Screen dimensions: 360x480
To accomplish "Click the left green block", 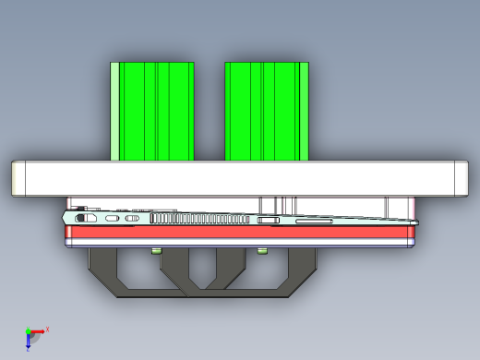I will [x=157, y=111].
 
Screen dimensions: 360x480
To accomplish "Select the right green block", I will [x=268, y=111].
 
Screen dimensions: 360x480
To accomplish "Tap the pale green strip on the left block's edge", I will [x=115, y=111].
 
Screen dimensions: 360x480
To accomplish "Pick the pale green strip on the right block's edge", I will [x=306, y=111].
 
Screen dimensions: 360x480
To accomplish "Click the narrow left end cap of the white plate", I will [x=18, y=178].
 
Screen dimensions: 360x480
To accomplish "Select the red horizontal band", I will [x=240, y=234].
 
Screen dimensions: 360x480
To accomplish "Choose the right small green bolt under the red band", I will [x=262, y=250].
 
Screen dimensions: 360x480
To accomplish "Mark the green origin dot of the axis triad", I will [x=29, y=331].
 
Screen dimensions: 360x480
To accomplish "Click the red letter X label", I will [x=48, y=329].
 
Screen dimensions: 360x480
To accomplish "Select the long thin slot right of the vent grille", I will [x=314, y=222].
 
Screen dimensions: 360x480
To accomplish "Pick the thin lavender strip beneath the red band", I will [x=240, y=246].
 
